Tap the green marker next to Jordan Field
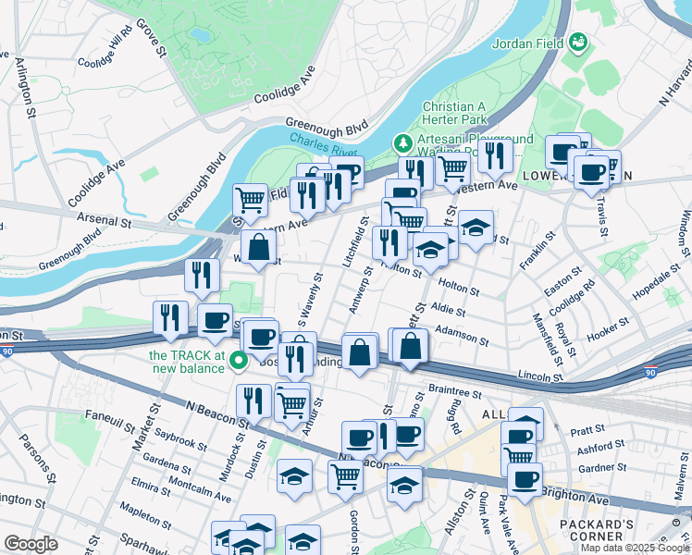pyautogui.click(x=579, y=43)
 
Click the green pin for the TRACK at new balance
pyautogui.click(x=239, y=362)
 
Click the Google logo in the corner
pyautogui.click(x=31, y=544)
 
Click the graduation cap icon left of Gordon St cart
pyautogui.click(x=295, y=476)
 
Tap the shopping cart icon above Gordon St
pyautogui.click(x=346, y=476)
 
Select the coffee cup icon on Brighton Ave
pyautogui.click(x=525, y=479)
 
